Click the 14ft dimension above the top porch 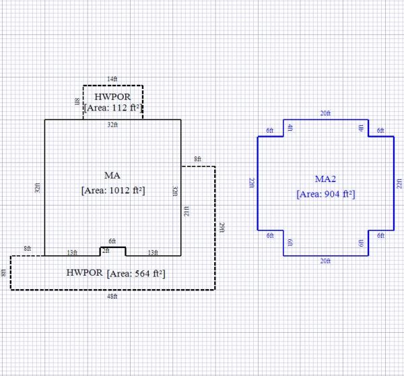112,80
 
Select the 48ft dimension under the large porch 112,296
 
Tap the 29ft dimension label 222,228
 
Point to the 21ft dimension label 186,212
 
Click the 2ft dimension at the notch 105,250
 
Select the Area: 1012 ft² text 112,191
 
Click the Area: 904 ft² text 325,194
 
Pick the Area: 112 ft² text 112,107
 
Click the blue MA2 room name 325,179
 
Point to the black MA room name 112,175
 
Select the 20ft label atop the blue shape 325,113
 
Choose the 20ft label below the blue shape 325,261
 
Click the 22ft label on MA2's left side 252,183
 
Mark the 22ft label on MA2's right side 399,183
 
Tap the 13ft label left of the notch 72,253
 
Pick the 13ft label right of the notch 153,253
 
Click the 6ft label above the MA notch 112,241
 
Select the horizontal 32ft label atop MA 112,125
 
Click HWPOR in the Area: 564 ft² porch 85,274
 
